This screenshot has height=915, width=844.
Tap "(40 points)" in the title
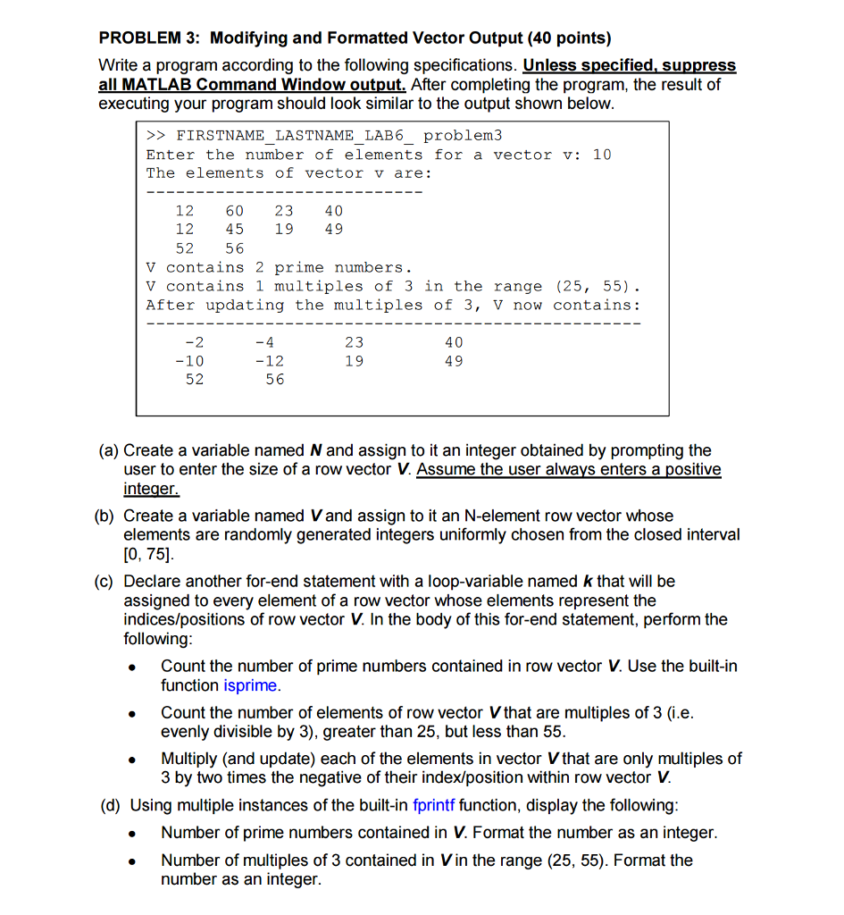pos(569,38)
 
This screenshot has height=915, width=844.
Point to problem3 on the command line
pos(463,136)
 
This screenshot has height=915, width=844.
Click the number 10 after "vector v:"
pos(602,155)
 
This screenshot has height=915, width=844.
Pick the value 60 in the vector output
pos(234,211)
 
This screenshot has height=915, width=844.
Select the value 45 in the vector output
pos(234,230)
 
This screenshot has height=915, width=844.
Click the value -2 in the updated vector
pos(194,342)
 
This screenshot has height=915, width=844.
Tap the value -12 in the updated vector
pos(269,361)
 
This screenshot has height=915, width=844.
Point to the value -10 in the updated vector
pos(189,361)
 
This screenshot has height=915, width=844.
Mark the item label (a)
pos(108,450)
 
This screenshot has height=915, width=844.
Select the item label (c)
pos(108,582)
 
